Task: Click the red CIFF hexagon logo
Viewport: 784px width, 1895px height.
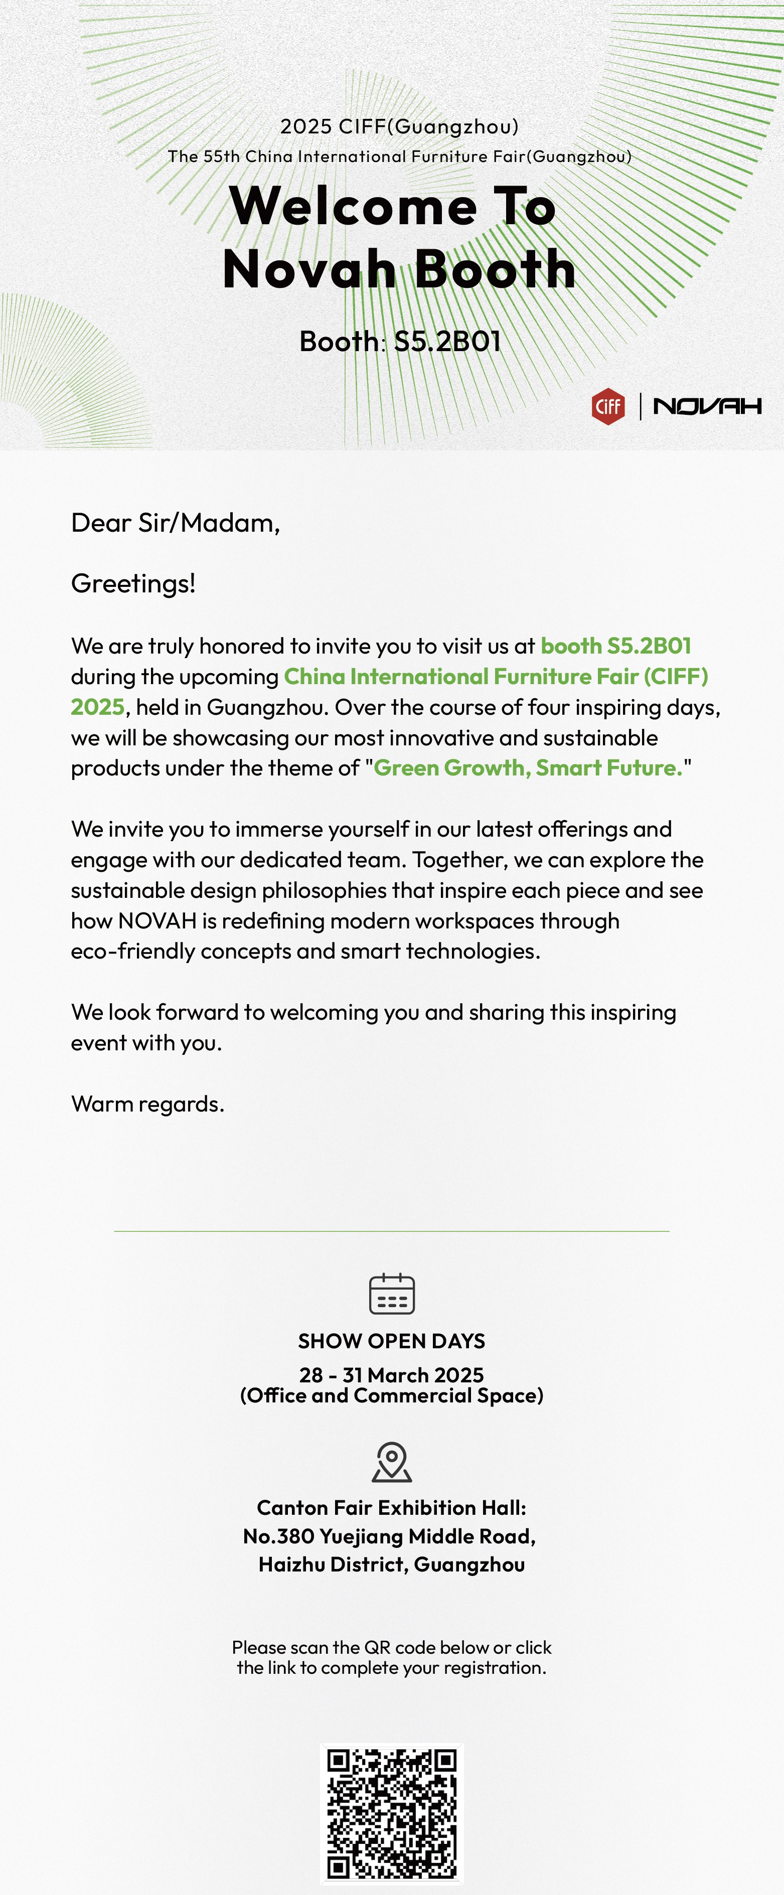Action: [608, 406]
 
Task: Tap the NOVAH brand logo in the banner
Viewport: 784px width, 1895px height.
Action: [707, 406]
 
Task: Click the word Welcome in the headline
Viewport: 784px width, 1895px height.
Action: [353, 206]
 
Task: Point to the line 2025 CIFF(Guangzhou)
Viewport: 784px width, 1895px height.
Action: [399, 126]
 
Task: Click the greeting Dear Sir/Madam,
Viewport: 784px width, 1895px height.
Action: [175, 523]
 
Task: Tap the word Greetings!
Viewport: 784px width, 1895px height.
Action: [133, 583]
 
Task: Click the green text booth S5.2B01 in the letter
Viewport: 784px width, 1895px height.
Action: [615, 646]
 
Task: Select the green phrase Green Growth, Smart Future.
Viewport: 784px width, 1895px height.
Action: [528, 768]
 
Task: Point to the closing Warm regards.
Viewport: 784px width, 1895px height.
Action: [147, 1104]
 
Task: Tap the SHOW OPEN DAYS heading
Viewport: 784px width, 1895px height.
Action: [391, 1341]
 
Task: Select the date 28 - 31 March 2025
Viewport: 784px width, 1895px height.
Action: [391, 1375]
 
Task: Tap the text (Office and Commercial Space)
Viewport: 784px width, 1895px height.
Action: [391, 1395]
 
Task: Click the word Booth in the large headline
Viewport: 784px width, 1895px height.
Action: [495, 269]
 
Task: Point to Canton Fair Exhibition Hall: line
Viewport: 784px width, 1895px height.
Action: [391, 1508]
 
